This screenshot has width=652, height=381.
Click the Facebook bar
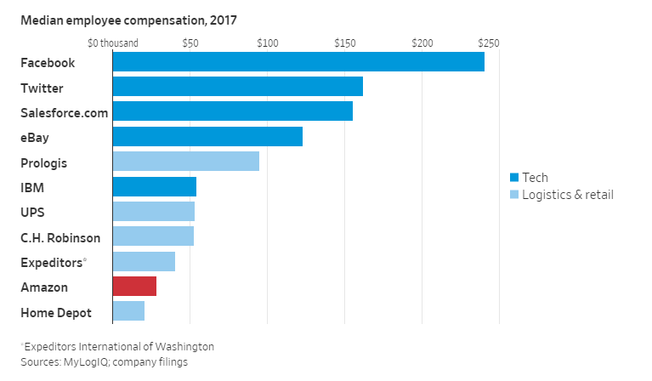[298, 62]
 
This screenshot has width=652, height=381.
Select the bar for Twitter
[237, 87]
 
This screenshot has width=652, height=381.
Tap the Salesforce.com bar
[232, 111]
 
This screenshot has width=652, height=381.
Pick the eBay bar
[207, 136]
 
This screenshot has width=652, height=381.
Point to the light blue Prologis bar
[185, 162]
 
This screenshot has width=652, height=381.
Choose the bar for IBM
[154, 186]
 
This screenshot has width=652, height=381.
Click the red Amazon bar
[134, 287]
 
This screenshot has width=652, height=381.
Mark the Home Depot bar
[128, 311]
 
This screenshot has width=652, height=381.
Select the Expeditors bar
[144, 261]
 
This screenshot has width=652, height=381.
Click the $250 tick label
[489, 43]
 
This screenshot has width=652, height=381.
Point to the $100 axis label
[267, 43]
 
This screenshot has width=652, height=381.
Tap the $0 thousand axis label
[112, 43]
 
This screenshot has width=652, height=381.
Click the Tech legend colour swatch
[513, 178]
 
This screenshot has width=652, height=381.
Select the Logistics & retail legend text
[567, 195]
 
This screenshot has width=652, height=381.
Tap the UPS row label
[34, 212]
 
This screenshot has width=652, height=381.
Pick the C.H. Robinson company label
[60, 237]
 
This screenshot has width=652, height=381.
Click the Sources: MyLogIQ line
[104, 361]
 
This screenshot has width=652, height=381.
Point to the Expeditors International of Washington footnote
[118, 346]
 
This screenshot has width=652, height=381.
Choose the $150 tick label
[344, 43]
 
